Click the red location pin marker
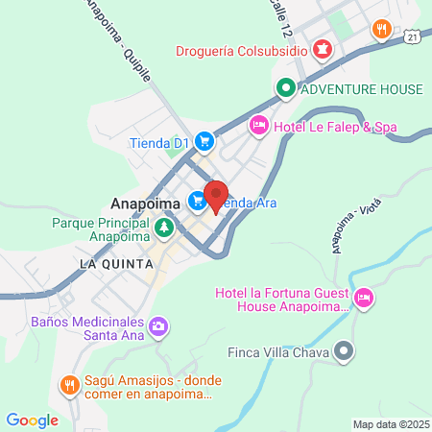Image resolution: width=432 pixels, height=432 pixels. coord(215,194)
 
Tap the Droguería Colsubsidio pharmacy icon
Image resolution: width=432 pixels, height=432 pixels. coord(324,48)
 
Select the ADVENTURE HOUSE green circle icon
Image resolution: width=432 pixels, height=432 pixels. coord(285,89)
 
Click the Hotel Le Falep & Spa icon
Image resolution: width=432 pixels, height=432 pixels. coord(258,125)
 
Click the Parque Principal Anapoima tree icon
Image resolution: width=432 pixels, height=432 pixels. coord(164,227)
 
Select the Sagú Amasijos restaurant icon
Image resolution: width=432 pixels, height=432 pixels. coord(68,386)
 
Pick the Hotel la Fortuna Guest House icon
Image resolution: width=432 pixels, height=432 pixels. coord(364,300)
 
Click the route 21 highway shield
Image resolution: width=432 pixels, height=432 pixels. coord(411,36)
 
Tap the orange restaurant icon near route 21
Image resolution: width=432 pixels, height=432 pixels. coord(382,29)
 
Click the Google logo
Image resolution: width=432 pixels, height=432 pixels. coord(32,420)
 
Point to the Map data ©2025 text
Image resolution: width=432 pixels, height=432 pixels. coord(389,423)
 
